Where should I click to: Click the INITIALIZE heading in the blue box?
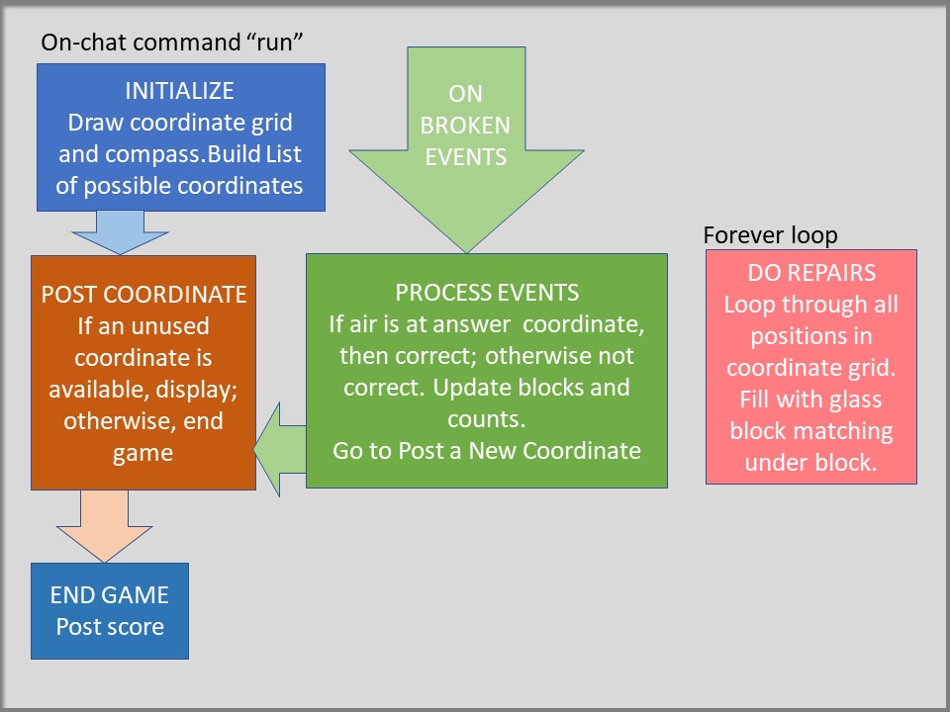pos(179,92)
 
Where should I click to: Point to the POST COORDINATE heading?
pos(143,294)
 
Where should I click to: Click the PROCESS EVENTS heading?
pos(487,293)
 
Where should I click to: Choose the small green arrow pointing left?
pos(280,451)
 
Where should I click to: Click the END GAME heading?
pos(109,595)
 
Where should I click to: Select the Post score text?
pos(109,626)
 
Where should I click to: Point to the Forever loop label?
pos(770,235)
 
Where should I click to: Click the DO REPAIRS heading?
pos(810,274)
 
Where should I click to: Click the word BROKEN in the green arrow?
pos(466,126)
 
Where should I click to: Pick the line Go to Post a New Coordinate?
pos(486,451)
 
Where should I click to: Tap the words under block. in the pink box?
pos(810,463)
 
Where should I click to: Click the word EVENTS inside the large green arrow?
pos(465,156)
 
